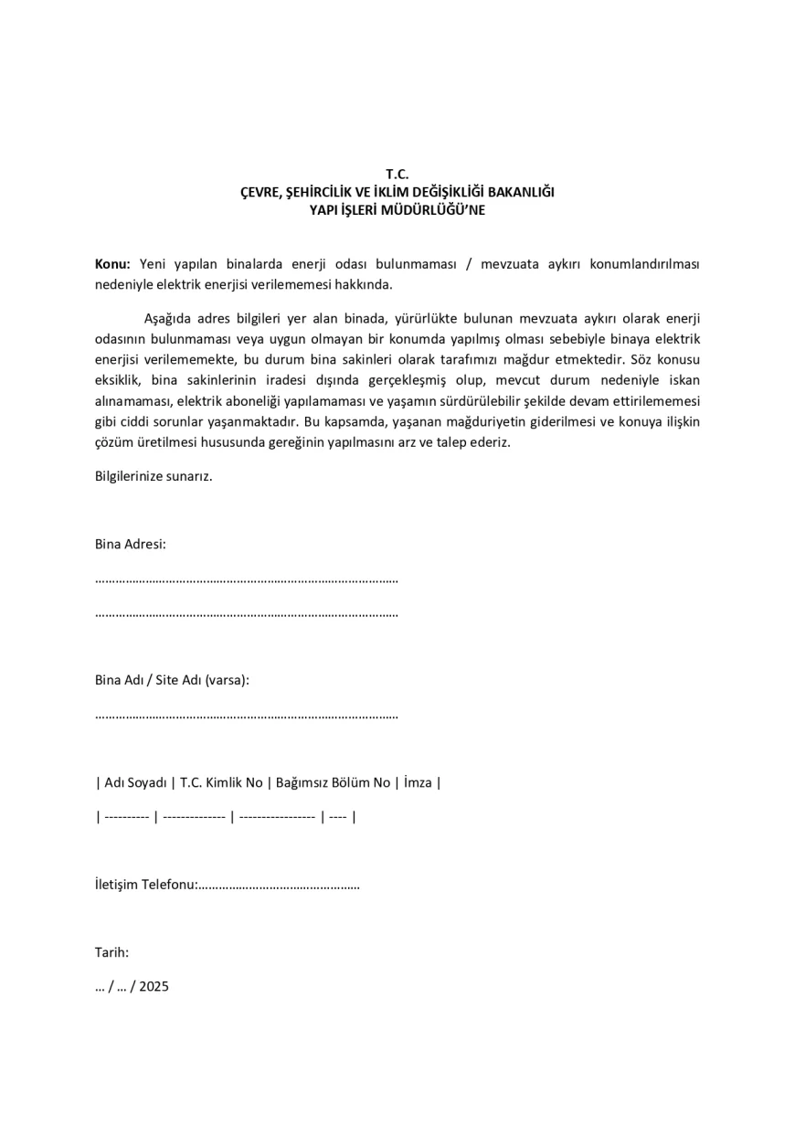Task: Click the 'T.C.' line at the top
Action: [x=397, y=174]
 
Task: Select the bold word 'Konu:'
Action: [x=113, y=264]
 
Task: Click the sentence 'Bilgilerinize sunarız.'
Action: [x=154, y=476]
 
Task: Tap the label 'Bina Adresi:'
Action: [x=131, y=544]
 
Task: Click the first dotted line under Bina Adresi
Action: [x=247, y=579]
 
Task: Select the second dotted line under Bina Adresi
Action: [x=247, y=613]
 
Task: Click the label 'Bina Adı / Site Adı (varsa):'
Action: [x=172, y=680]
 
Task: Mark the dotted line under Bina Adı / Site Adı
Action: [x=247, y=715]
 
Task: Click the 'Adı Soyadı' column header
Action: [x=135, y=782]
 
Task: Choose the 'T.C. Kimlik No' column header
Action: [x=221, y=782]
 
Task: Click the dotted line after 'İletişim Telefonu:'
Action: [x=279, y=886]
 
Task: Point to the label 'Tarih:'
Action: [x=111, y=952]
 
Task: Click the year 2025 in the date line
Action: [x=154, y=987]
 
